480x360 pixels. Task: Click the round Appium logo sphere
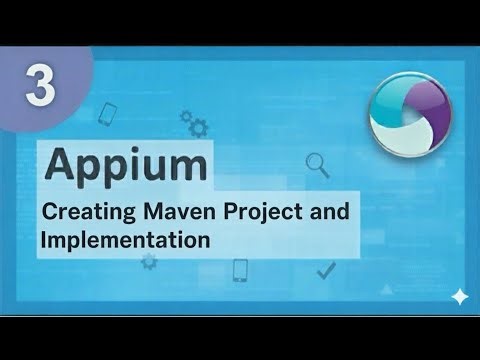409,115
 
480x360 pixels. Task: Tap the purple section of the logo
428,104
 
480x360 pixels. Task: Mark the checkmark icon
325,270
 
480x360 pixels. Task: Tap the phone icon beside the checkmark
240,270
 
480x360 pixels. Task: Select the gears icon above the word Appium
197,126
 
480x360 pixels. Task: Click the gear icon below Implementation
150,262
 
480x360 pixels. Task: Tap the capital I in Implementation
44,241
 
